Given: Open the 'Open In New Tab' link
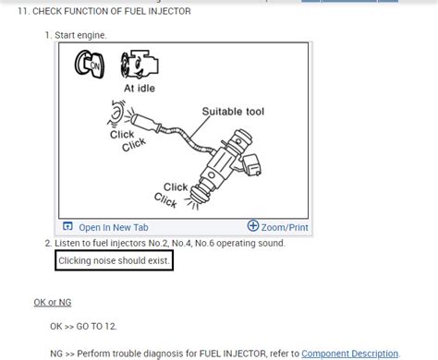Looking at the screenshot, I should tap(113, 227).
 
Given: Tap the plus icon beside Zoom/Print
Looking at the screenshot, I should tap(253, 226).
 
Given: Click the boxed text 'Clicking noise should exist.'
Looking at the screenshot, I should tap(114, 260).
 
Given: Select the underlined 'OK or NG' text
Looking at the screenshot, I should tap(54, 303).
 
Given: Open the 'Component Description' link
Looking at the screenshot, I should tap(350, 353).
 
